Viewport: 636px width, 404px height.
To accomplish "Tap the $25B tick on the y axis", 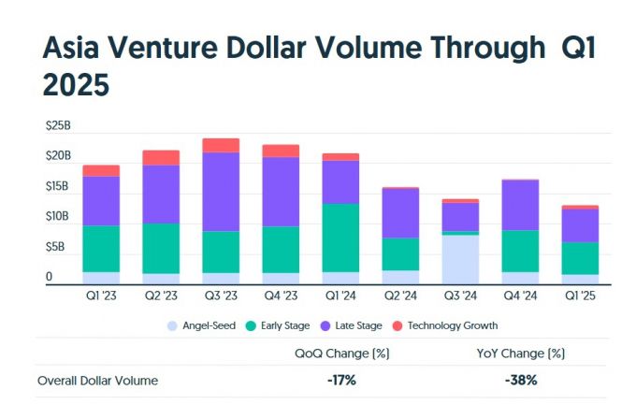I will [57, 124].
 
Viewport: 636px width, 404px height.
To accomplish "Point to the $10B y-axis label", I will [57, 216].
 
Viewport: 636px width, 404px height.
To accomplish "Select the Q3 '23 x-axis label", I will [221, 295].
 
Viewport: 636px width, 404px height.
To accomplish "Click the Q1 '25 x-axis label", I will [580, 295].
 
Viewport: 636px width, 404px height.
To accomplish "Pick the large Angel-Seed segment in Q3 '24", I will [460, 259].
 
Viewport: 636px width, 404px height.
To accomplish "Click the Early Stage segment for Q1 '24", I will [340, 238].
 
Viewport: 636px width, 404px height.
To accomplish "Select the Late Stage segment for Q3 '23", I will [221, 192].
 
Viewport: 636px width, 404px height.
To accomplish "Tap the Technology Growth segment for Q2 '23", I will [161, 157].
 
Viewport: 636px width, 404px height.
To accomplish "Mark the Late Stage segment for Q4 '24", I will [520, 205].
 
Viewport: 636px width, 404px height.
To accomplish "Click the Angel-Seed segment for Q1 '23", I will [101, 277].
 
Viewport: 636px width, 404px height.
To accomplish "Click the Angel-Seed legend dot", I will [170, 326].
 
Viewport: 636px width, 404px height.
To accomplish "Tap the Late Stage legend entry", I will [354, 326].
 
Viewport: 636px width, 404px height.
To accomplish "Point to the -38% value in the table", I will [520, 381].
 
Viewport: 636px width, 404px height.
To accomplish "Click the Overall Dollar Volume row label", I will [98, 381].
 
